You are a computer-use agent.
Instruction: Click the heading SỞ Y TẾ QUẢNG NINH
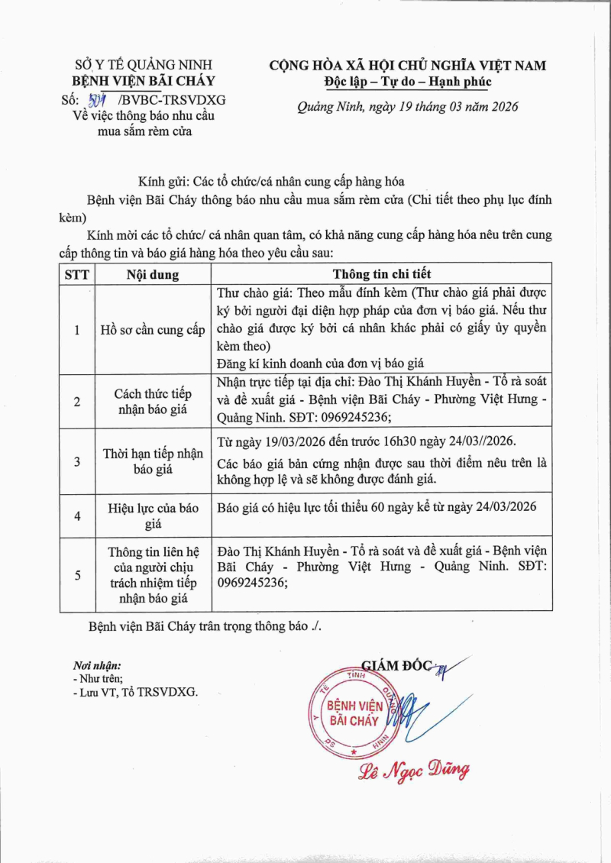coord(144,65)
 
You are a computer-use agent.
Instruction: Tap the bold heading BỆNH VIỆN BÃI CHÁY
coord(144,81)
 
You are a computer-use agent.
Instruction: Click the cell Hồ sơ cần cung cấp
coord(153,330)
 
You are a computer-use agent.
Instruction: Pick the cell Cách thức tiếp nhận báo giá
coord(153,401)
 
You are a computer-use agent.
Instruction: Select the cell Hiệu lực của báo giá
coord(153,516)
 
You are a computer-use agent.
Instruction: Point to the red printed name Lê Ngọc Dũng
coord(414,770)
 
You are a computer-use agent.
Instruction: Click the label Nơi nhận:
coord(97,666)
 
